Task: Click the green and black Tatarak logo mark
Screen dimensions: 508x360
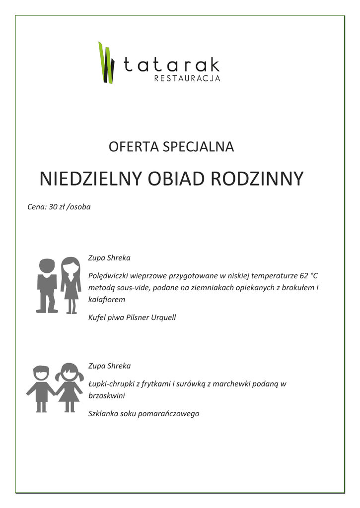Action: click(x=106, y=63)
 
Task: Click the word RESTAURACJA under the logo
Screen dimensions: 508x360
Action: click(x=187, y=78)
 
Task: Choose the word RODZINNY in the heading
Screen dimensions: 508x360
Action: click(x=257, y=179)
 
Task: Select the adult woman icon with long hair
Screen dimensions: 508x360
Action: click(x=71, y=285)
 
